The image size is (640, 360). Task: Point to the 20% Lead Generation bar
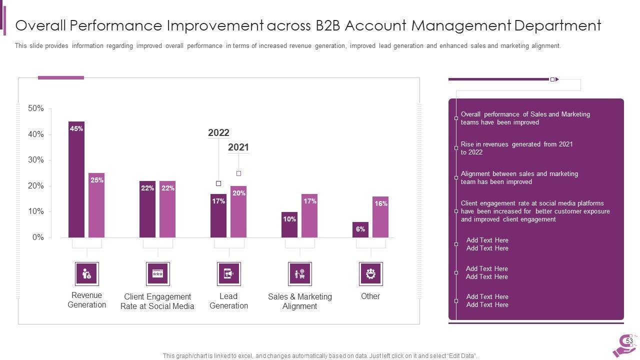(x=238, y=211)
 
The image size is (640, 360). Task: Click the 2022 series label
(x=218, y=132)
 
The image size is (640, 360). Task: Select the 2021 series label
(x=238, y=147)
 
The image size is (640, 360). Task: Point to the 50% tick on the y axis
(x=36, y=108)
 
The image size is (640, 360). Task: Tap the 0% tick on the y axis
(x=38, y=237)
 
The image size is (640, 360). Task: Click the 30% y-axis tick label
(x=36, y=160)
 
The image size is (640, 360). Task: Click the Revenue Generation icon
(x=86, y=274)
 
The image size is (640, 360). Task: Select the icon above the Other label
(x=370, y=274)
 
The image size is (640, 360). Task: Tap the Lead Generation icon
(x=228, y=274)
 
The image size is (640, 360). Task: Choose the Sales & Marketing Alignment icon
(x=299, y=274)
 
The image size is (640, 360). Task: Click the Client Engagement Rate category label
(x=157, y=301)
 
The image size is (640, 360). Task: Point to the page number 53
(x=629, y=341)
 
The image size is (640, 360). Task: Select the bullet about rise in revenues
(x=516, y=148)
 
